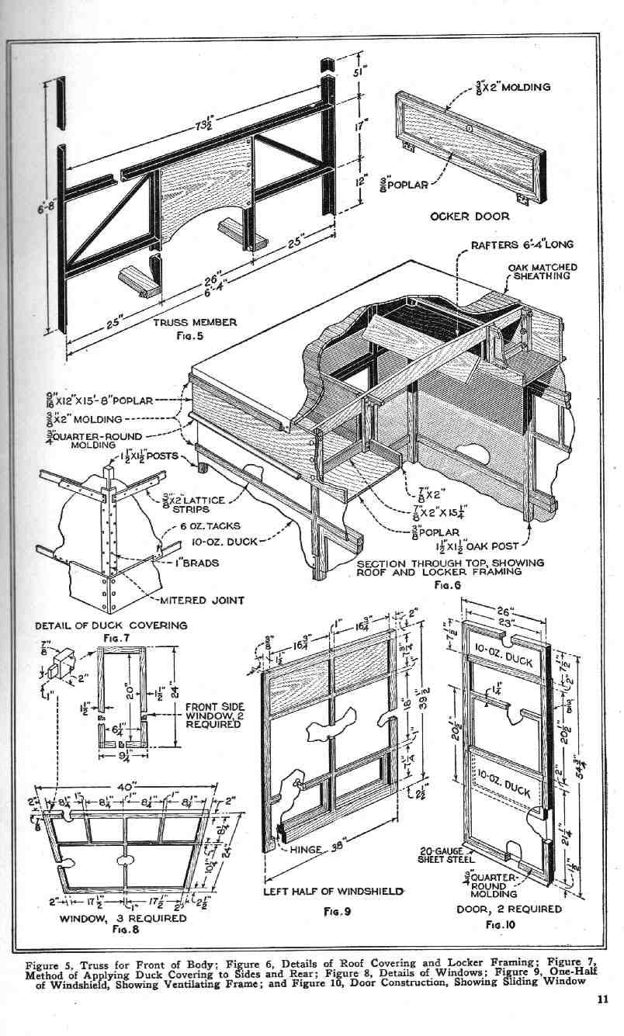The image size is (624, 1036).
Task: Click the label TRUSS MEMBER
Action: [x=195, y=322]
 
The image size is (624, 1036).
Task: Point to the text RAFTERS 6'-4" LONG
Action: [x=522, y=244]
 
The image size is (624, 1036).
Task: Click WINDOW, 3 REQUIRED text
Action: [x=124, y=918]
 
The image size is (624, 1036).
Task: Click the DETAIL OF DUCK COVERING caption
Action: [x=111, y=625]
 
